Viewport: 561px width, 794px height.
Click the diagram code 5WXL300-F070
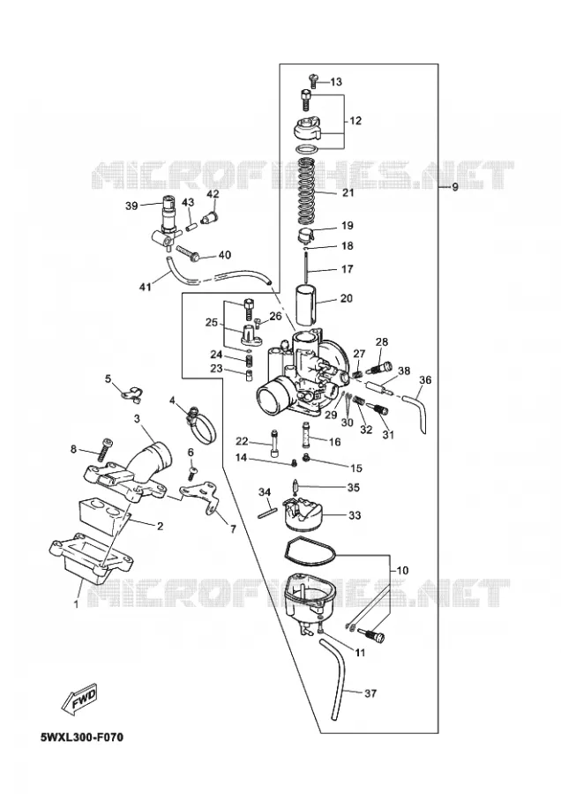(x=81, y=737)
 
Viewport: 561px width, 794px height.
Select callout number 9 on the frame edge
(x=454, y=187)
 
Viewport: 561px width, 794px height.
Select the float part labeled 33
(x=303, y=513)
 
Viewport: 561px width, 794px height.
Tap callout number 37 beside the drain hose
(x=370, y=693)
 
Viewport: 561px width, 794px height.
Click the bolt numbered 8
(x=105, y=450)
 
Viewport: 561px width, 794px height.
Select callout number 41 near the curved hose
(x=146, y=287)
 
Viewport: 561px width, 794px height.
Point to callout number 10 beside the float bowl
(x=401, y=570)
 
